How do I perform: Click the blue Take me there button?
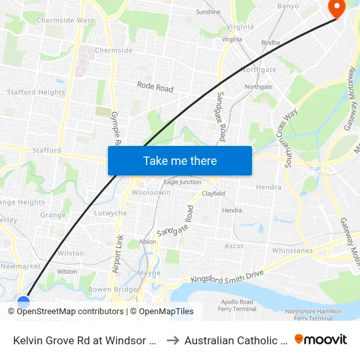pyautogui.click(x=180, y=161)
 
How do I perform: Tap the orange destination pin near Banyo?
pyautogui.click(x=337, y=7)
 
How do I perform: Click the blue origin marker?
pyautogui.click(x=24, y=302)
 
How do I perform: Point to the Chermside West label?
pyautogui.click(x=65, y=20)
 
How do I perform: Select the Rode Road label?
pyautogui.click(x=155, y=86)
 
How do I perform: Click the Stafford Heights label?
pyautogui.click(x=36, y=92)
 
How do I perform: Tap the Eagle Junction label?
pyautogui.click(x=182, y=182)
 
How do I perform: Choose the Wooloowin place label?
pyautogui.click(x=151, y=193)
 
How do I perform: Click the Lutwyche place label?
pyautogui.click(x=111, y=213)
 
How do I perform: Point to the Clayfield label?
pyautogui.click(x=213, y=194)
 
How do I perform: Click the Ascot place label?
pyautogui.click(x=234, y=246)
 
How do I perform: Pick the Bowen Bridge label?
pyautogui.click(x=113, y=289)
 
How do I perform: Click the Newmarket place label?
pyautogui.click(x=20, y=266)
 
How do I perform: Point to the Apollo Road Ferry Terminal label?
pyautogui.click(x=238, y=305)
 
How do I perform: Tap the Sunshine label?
pyautogui.click(x=208, y=12)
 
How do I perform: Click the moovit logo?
pyautogui.click(x=321, y=339)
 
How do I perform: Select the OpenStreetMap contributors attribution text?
pyautogui.click(x=65, y=312)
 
